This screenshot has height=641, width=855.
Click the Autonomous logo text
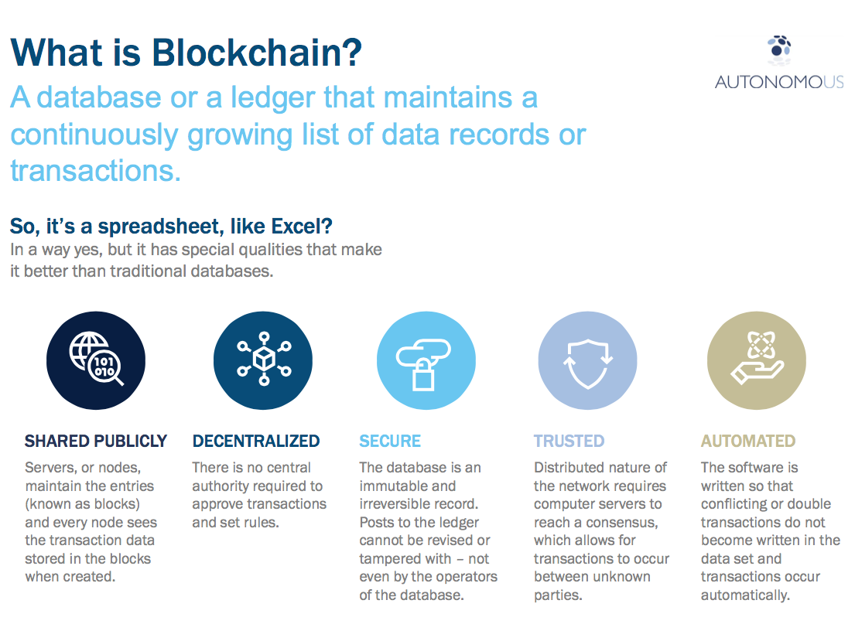tap(779, 81)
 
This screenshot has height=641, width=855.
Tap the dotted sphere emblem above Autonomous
tap(779, 49)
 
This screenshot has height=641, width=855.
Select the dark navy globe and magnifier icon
tap(96, 360)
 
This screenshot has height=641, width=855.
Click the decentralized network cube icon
tap(263, 360)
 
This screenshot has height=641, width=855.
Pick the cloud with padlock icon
tap(426, 360)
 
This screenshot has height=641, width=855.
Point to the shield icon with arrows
tap(587, 360)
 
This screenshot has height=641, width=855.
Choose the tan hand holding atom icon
tap(756, 360)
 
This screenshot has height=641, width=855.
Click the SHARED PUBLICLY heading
tap(96, 442)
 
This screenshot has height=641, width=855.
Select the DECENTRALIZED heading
tap(256, 442)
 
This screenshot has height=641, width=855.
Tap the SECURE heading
tap(390, 442)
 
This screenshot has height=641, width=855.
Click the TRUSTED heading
tap(569, 442)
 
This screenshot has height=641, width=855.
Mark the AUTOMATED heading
tap(748, 442)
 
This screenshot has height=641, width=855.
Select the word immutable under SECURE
tap(395, 486)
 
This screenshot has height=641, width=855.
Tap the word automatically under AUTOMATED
tap(745, 595)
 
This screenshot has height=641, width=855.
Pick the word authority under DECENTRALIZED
tap(224, 486)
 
